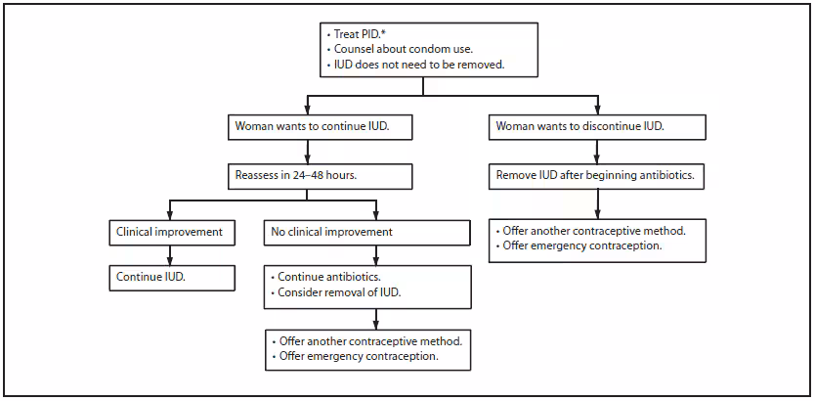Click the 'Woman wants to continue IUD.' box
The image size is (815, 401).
[309, 126]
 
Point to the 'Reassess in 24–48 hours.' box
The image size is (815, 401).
[309, 176]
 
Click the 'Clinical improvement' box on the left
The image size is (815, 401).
[171, 232]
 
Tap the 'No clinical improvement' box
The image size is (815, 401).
[367, 232]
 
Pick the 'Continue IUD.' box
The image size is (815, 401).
[171, 277]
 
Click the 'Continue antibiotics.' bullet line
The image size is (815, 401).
[328, 277]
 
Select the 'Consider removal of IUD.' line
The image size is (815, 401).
[338, 292]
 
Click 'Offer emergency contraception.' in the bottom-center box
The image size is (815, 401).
[357, 356]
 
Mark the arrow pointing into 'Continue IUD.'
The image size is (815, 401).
[171, 258]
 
